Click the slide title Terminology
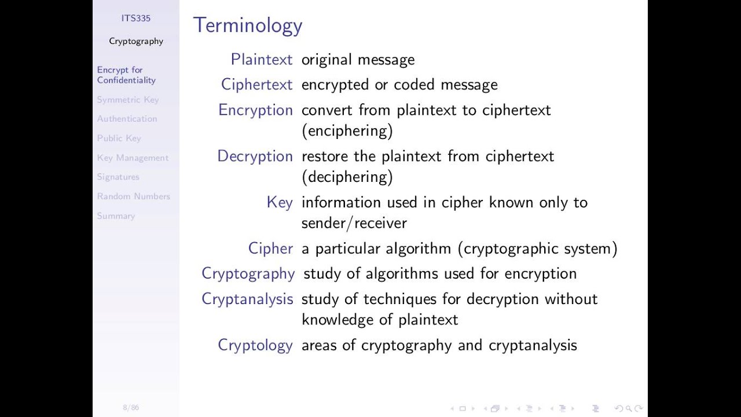[248, 25]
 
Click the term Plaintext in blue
[262, 60]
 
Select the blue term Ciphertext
[256, 85]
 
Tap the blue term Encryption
[255, 110]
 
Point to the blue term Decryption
[255, 156]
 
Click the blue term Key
[280, 202]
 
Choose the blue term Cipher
[270, 248]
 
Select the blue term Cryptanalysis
[247, 299]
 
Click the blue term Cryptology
[255, 345]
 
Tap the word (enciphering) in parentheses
[347, 131]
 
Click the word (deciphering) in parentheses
[347, 177]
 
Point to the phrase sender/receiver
[354, 223]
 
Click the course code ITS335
[136, 19]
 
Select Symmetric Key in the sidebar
[128, 100]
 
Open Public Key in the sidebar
[119, 138]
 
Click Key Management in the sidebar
[133, 158]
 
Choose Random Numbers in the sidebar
[134, 196]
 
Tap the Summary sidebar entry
[116, 216]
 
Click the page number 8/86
[131, 408]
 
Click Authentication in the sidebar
[127, 119]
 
